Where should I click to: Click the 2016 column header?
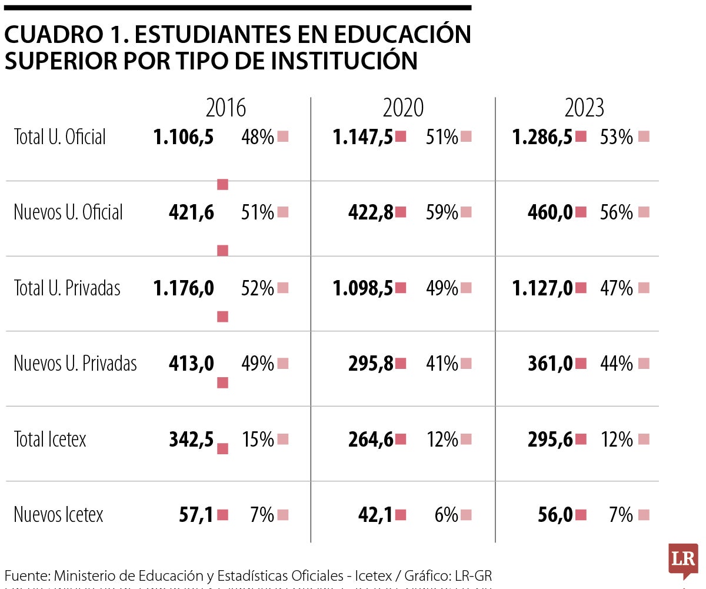pyautogui.click(x=225, y=108)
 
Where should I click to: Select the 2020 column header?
pyautogui.click(x=403, y=108)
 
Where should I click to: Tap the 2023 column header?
pyautogui.click(x=584, y=108)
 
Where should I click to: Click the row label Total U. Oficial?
pyautogui.click(x=60, y=137)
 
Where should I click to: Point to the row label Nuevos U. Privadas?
pyautogui.click(x=75, y=364)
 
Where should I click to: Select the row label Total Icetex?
pyautogui.click(x=50, y=439)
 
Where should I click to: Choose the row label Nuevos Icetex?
pyautogui.click(x=58, y=515)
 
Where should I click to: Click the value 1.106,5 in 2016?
pyautogui.click(x=184, y=137)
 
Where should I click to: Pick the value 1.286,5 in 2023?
pyautogui.click(x=542, y=137)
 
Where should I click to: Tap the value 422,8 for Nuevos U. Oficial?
pyautogui.click(x=371, y=212)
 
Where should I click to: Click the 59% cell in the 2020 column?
pyautogui.click(x=442, y=212)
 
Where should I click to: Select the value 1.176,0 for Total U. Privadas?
pyautogui.click(x=184, y=288)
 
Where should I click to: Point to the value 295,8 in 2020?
pyautogui.click(x=371, y=364)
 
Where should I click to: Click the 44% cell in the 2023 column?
pyautogui.click(x=617, y=364)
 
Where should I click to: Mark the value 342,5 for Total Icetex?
pyautogui.click(x=191, y=439)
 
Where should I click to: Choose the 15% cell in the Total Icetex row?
pyautogui.click(x=258, y=439)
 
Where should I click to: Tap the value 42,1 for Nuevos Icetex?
pyautogui.click(x=376, y=515)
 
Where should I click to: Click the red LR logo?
pyautogui.click(x=683, y=560)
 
